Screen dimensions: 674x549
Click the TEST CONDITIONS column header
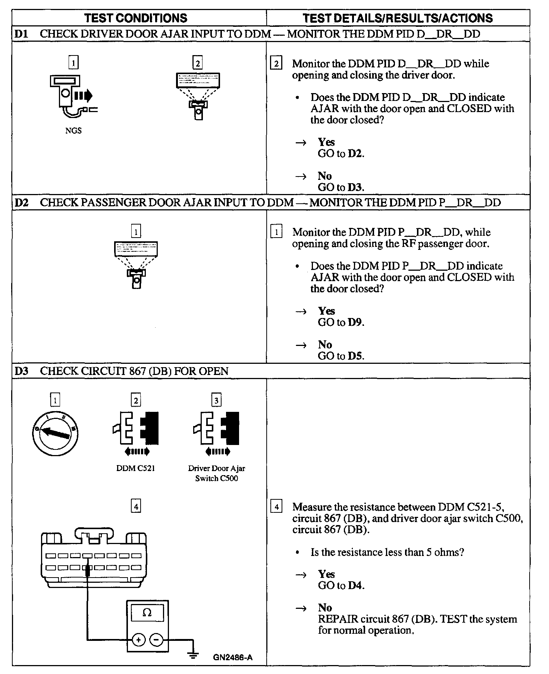(x=136, y=18)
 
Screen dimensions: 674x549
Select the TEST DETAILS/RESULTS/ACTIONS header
(x=398, y=18)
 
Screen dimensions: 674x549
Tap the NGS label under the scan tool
(x=73, y=131)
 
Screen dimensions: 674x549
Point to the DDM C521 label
(x=135, y=468)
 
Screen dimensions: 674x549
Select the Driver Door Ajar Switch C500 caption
(x=216, y=473)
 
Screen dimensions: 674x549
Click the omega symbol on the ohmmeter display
(x=147, y=613)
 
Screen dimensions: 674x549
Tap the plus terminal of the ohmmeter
(x=138, y=640)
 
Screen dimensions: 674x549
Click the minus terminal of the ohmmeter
(x=156, y=640)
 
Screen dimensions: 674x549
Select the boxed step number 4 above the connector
(x=136, y=506)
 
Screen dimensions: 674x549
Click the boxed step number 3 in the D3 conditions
(x=216, y=400)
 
